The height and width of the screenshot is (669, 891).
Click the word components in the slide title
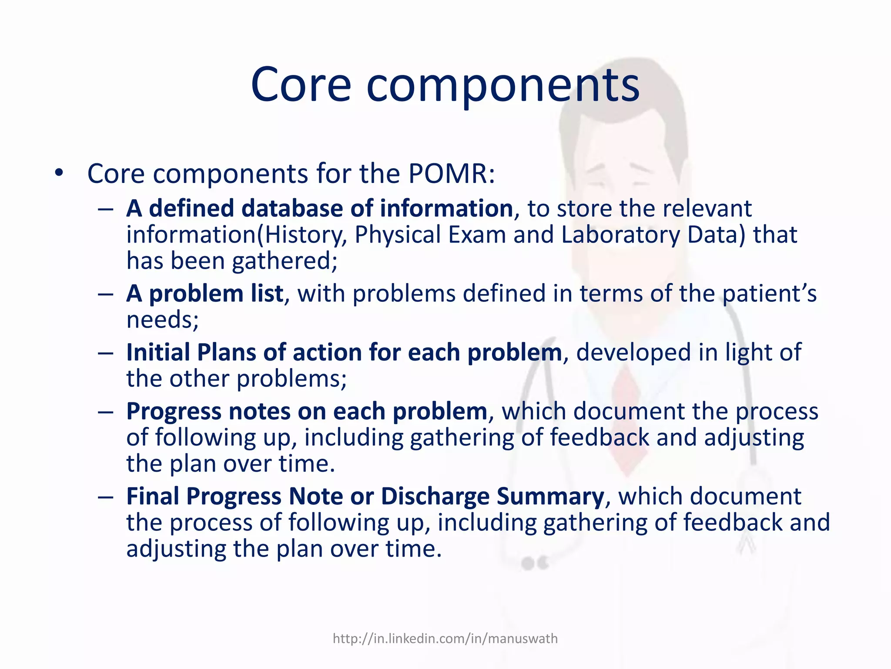tap(502, 86)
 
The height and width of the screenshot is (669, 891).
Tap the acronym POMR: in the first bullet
tap(452, 174)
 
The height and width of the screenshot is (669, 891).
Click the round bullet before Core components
tap(59, 173)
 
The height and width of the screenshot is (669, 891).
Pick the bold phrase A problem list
tap(204, 294)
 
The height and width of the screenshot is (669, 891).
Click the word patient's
tap(769, 294)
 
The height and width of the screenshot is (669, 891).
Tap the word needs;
tap(162, 320)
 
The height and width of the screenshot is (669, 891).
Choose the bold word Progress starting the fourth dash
tap(174, 412)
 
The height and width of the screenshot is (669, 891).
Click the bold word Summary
tap(550, 497)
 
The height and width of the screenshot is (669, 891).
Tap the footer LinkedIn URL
tap(445, 639)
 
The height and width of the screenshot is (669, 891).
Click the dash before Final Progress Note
tap(105, 497)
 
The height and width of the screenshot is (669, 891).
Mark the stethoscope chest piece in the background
tap(535, 563)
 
